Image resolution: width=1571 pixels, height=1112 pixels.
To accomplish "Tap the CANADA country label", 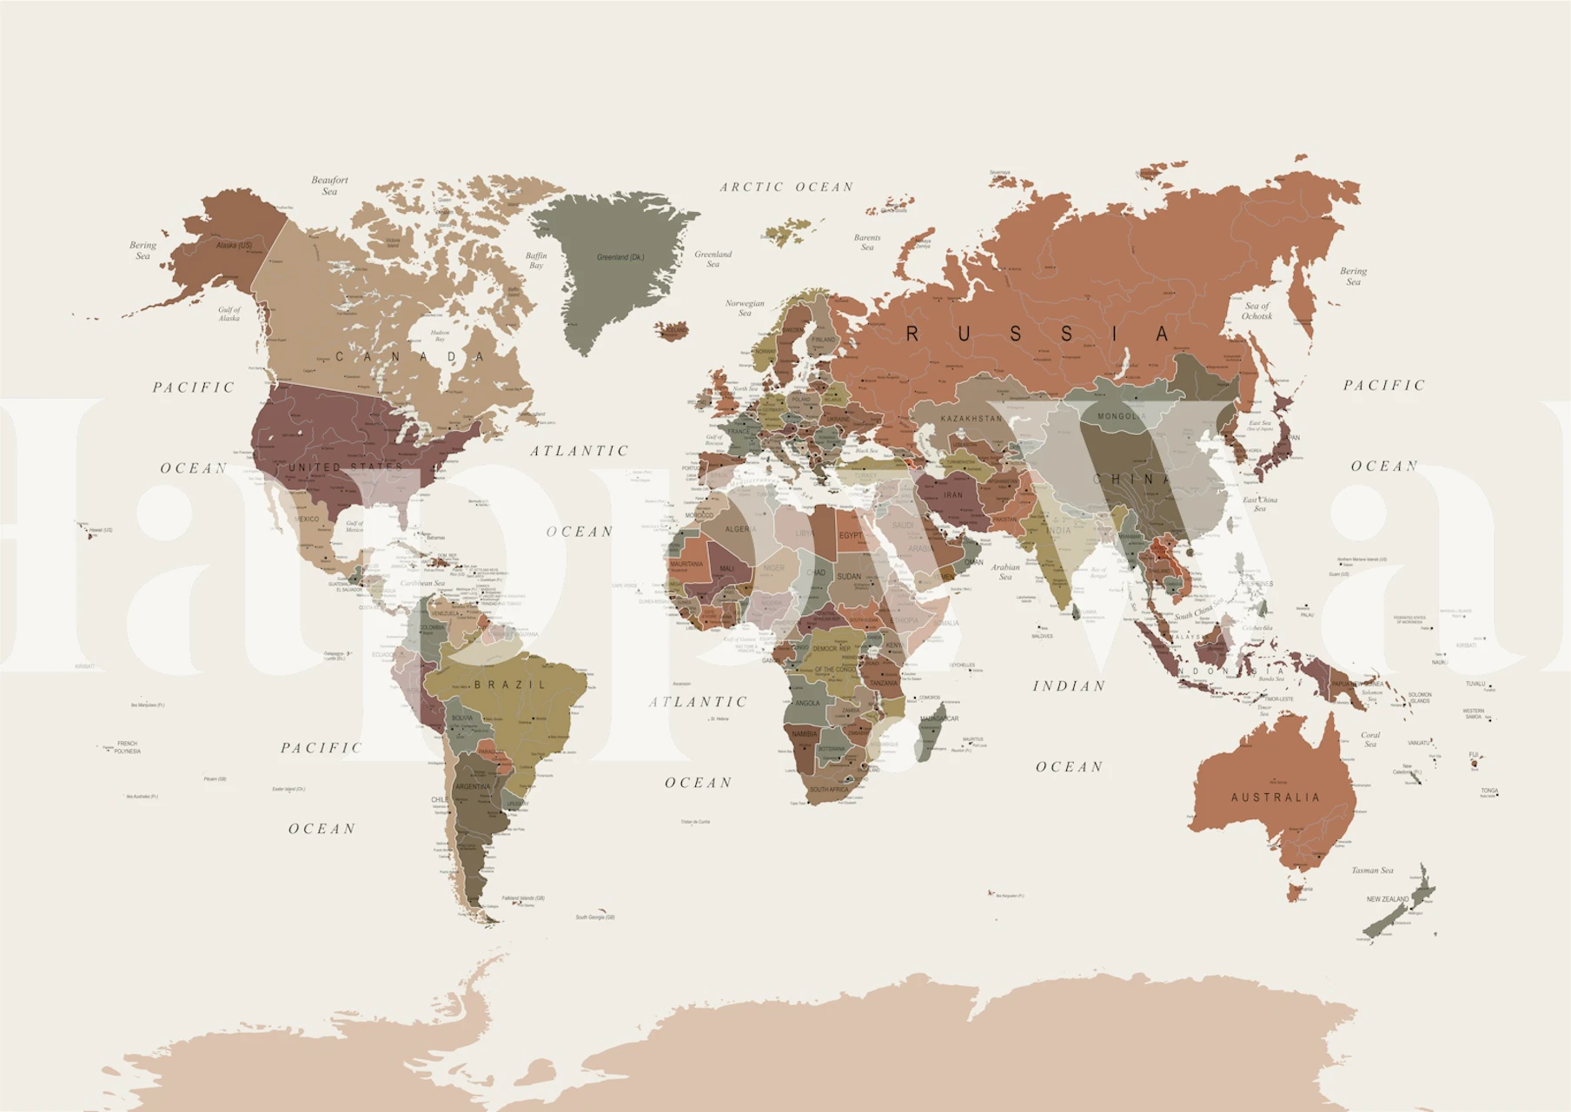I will pyautogui.click(x=410, y=357).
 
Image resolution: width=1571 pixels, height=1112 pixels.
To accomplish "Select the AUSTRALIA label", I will pyautogui.click(x=1275, y=798).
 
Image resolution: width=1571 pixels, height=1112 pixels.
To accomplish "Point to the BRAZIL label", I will pyautogui.click(x=510, y=685).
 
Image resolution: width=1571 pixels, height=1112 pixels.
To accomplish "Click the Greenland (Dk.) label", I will pyautogui.click(x=620, y=257).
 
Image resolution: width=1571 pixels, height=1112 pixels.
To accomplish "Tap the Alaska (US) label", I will pyautogui.click(x=234, y=246).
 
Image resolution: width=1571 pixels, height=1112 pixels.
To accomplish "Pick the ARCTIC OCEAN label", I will pyautogui.click(x=786, y=187).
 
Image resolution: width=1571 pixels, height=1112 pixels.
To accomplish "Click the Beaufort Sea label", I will pyautogui.click(x=329, y=186).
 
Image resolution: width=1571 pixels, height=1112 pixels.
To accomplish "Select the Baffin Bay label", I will pyautogui.click(x=536, y=260).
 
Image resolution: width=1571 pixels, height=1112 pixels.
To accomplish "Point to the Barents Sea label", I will pyautogui.click(x=867, y=242).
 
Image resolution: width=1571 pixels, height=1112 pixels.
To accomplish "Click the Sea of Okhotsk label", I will pyautogui.click(x=1256, y=311).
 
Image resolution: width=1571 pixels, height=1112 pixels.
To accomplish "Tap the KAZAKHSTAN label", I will pyautogui.click(x=971, y=419).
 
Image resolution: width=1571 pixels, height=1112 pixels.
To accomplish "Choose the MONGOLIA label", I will pyautogui.click(x=1120, y=416).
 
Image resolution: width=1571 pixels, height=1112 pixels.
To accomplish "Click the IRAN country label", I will pyautogui.click(x=953, y=495).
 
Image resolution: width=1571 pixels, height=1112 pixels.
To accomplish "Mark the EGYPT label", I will pyautogui.click(x=851, y=536).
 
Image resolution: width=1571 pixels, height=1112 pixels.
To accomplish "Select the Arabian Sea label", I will pyautogui.click(x=1005, y=572).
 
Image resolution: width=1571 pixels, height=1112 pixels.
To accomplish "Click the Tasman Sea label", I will pyautogui.click(x=1372, y=870).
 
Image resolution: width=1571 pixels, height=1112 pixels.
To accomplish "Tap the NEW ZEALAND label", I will pyautogui.click(x=1388, y=899).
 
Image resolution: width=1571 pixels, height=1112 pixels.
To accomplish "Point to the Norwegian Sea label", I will pyautogui.click(x=745, y=308).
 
